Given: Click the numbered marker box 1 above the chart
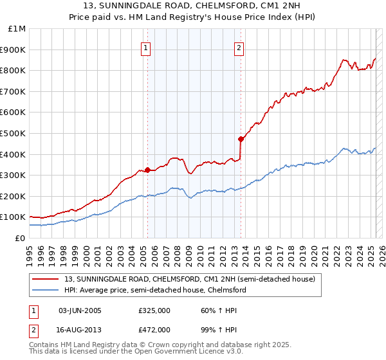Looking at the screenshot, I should [146, 48].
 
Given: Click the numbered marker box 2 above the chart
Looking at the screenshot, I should [239, 48].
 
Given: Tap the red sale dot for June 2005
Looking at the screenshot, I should [147, 170].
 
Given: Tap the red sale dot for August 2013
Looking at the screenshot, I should [241, 139].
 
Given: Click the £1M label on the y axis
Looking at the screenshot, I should [17, 29].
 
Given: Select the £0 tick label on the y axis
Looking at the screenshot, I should [21, 239].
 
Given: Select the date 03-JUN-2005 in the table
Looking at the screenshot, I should [80, 310].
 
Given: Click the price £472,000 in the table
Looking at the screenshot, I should [154, 329].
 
